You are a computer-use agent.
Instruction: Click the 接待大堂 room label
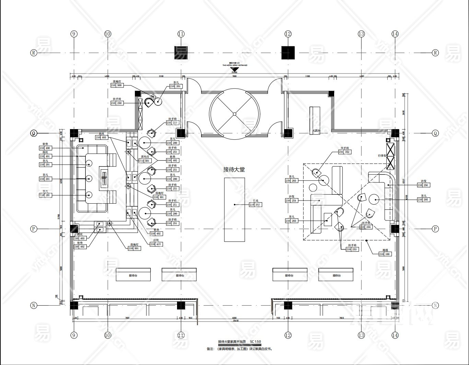pos(234,169)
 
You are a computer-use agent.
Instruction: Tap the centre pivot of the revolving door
pos(234,114)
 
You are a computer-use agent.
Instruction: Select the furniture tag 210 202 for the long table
pos(256,205)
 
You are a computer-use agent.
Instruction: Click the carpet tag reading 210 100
pos(385,254)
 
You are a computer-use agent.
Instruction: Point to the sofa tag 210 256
pos(423,185)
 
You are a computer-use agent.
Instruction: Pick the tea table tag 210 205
pos(423,199)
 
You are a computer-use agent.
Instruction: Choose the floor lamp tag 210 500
pos(117,85)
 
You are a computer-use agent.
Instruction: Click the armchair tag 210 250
pos(117,103)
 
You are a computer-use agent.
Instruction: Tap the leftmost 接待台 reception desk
pos(133,275)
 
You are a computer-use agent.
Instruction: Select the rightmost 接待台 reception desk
pos(337,275)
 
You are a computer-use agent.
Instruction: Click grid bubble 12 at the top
pos(288,34)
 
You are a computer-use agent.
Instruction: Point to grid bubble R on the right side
pos(435,53)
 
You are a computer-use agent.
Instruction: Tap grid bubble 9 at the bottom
pos(74,335)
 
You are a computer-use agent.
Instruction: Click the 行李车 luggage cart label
pos(382,156)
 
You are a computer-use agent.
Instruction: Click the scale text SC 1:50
pos(256,342)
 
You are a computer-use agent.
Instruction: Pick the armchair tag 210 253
pos(352,249)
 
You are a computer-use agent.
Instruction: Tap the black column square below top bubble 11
pos(181,53)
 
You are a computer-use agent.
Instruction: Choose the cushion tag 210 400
pos(45,148)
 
